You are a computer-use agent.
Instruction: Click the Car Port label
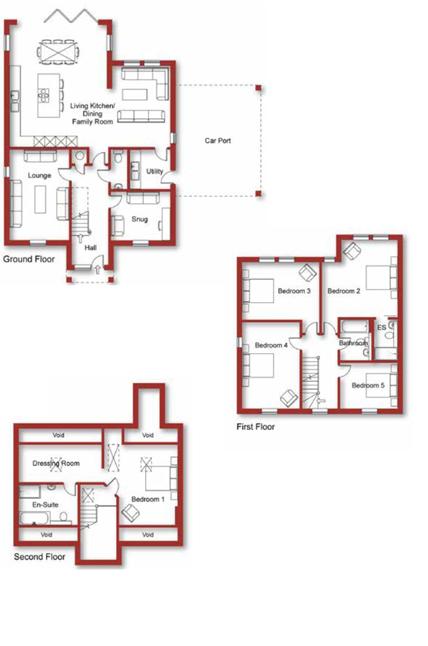pyautogui.click(x=218, y=141)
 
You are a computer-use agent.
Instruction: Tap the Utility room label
pyautogui.click(x=155, y=171)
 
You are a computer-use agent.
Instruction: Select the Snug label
pyautogui.click(x=140, y=219)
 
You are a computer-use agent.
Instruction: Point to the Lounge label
pyautogui.click(x=39, y=175)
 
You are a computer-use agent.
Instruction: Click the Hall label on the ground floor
pyautogui.click(x=90, y=248)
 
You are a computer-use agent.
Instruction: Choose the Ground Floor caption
pyautogui.click(x=28, y=259)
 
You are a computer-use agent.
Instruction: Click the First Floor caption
pyautogui.click(x=256, y=427)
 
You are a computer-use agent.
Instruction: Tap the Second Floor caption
pyautogui.click(x=39, y=557)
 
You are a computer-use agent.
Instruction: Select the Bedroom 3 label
pyautogui.click(x=294, y=291)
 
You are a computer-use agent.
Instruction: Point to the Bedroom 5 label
pyautogui.click(x=368, y=386)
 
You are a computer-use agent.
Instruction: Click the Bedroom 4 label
pyautogui.click(x=271, y=345)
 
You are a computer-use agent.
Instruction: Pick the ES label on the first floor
pyautogui.click(x=382, y=327)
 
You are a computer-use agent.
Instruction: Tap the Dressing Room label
pyautogui.click(x=56, y=463)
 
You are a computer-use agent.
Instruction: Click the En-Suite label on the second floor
pyautogui.click(x=45, y=505)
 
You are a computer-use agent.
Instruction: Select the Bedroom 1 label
pyautogui.click(x=148, y=499)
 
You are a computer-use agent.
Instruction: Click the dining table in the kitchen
pyautogui.click(x=58, y=52)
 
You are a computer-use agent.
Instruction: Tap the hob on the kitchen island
pyautogui.click(x=43, y=95)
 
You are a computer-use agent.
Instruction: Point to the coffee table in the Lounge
pyautogui.click(x=40, y=199)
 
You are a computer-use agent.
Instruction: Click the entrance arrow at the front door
pyautogui.click(x=98, y=270)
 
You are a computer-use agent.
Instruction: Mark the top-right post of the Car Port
pyautogui.click(x=258, y=88)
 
